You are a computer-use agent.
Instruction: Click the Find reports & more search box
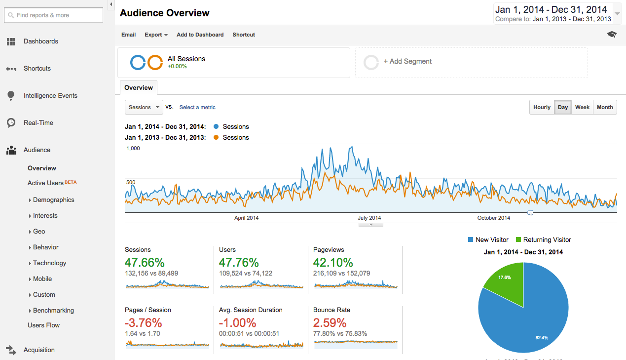54,15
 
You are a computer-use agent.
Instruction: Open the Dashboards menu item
40,41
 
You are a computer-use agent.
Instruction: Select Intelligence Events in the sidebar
50,96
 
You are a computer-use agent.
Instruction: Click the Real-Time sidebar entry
38,123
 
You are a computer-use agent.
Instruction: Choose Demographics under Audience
53,200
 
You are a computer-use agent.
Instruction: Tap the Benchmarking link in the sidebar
53,311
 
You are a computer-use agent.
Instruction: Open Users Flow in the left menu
43,325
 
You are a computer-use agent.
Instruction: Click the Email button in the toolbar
128,35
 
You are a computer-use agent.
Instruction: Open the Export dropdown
156,35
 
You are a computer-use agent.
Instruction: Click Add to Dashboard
200,35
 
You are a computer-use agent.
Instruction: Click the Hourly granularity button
542,107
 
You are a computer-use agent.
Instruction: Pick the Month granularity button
605,107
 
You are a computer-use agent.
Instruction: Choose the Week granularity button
582,107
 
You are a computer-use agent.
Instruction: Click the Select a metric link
197,107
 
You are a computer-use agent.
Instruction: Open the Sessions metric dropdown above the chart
144,107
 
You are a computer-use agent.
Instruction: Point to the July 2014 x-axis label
369,218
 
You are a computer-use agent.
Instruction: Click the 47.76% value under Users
239,262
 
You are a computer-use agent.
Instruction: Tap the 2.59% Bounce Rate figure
330,323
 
